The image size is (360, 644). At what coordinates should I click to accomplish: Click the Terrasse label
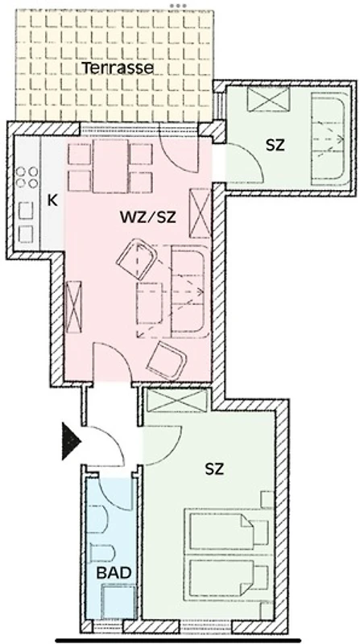[118, 68]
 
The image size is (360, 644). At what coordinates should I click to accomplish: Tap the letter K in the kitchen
[52, 200]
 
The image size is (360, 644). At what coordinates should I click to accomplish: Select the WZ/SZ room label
[148, 217]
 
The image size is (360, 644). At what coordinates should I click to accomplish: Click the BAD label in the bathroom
[114, 573]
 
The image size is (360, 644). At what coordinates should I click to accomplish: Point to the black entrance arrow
[70, 440]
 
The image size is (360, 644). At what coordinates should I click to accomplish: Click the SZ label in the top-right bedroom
[275, 145]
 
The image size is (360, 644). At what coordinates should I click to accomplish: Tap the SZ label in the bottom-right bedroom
[214, 469]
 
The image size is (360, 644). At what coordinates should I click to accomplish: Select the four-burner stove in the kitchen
[27, 176]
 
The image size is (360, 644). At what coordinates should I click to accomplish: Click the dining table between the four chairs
[110, 167]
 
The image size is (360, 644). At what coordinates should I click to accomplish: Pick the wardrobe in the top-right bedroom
[268, 98]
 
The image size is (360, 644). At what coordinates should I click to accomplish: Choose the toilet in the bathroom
[102, 552]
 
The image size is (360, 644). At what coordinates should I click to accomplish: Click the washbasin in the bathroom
[97, 518]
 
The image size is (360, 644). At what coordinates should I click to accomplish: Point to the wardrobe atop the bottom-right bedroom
[177, 399]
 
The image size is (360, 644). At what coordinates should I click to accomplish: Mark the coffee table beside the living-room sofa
[149, 303]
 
